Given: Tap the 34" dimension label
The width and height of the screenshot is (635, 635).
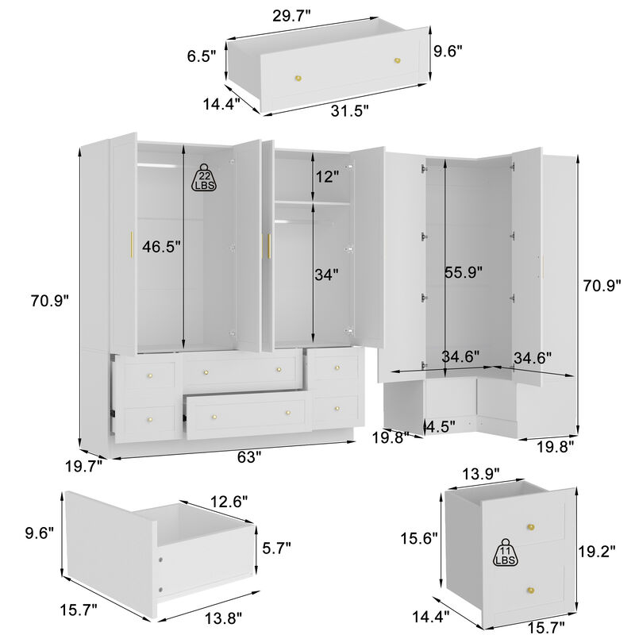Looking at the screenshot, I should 325,275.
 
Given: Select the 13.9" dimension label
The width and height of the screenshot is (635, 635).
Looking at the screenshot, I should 480,474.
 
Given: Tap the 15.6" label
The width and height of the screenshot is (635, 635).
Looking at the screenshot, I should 418,539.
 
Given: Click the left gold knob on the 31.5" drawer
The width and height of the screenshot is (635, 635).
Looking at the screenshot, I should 299,77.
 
